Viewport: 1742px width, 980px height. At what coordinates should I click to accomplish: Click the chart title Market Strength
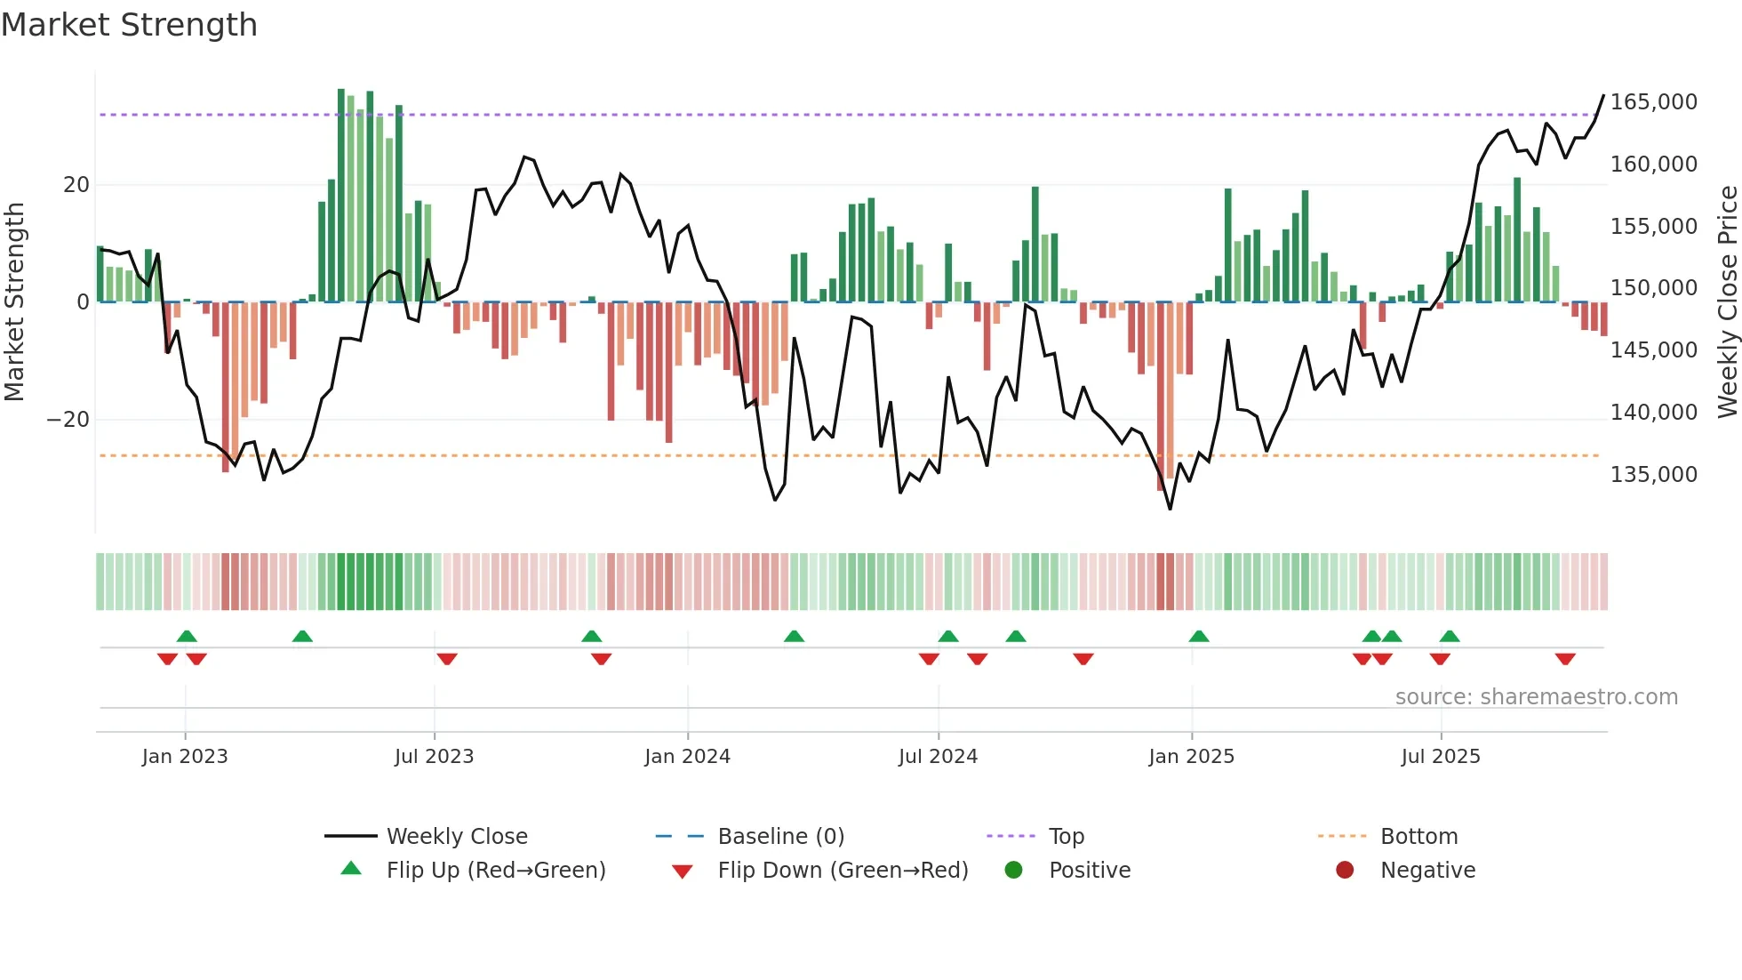pyautogui.click(x=129, y=25)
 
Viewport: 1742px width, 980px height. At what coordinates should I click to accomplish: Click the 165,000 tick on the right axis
pyautogui.click(x=1653, y=102)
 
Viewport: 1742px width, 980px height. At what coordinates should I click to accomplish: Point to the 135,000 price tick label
pyautogui.click(x=1653, y=475)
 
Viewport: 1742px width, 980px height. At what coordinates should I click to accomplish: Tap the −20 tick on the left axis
pyautogui.click(x=68, y=420)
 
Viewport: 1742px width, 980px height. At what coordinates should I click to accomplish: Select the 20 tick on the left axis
pyautogui.click(x=76, y=185)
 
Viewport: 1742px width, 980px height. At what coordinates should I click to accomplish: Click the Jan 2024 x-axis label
pyautogui.click(x=687, y=757)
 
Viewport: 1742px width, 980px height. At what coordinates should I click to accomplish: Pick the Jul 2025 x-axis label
pyautogui.click(x=1440, y=757)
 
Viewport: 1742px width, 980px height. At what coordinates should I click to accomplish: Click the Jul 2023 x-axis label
pyautogui.click(x=434, y=757)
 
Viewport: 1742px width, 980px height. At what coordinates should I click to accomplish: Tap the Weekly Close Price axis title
pyautogui.click(x=1727, y=302)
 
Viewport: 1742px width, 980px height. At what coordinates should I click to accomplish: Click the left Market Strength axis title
pyautogui.click(x=14, y=302)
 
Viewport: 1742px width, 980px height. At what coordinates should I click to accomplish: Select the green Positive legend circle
pyautogui.click(x=1013, y=871)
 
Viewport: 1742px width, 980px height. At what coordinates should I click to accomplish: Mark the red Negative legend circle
pyautogui.click(x=1345, y=871)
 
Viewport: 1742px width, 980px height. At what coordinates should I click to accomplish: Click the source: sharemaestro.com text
pyautogui.click(x=1536, y=697)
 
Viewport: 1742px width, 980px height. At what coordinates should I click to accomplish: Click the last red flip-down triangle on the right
pyautogui.click(x=1565, y=659)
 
